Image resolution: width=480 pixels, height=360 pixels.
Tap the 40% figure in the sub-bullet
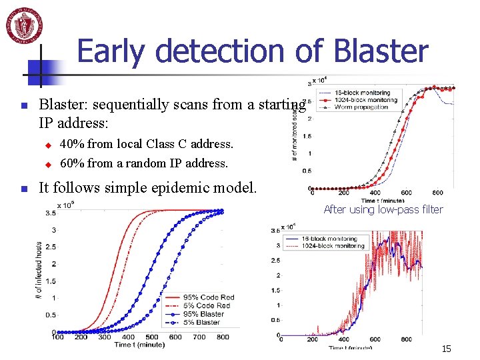(x=72, y=143)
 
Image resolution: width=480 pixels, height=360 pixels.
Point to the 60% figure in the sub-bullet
(x=72, y=163)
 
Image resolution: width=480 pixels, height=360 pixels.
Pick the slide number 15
(x=446, y=349)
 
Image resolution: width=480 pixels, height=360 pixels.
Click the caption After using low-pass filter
(x=383, y=209)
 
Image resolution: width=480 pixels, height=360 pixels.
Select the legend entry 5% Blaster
(x=204, y=322)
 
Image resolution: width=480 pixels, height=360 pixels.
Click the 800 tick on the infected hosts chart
(x=223, y=337)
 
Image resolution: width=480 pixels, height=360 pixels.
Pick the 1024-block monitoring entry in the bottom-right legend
(x=332, y=246)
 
